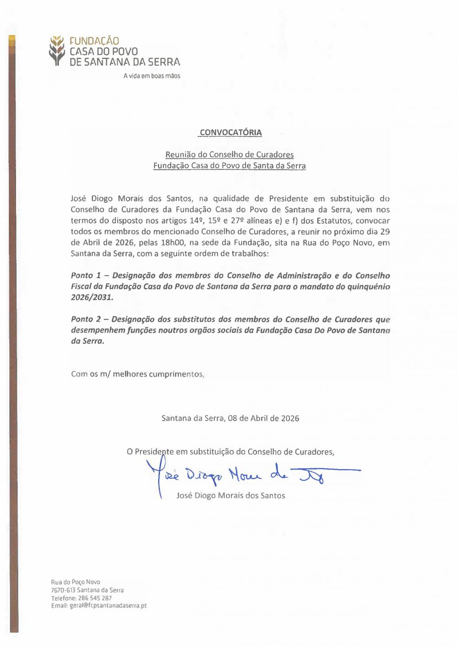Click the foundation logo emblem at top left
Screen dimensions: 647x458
click(57, 50)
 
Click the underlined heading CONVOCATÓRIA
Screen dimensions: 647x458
click(231, 133)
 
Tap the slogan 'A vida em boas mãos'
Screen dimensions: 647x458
click(152, 76)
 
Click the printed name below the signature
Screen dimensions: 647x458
click(230, 496)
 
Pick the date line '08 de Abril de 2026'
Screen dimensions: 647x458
click(263, 418)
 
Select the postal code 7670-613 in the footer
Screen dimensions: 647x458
click(63, 590)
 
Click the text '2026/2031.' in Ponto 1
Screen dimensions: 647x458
click(92, 297)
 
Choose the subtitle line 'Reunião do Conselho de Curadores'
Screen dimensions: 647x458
click(229, 155)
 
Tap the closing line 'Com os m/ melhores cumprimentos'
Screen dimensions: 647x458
click(137, 374)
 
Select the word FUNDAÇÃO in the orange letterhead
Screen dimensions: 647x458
click(94, 41)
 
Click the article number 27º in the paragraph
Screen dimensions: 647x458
click(237, 221)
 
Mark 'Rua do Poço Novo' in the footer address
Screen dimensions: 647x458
click(76, 582)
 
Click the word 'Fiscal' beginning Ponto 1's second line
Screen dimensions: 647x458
click(81, 287)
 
